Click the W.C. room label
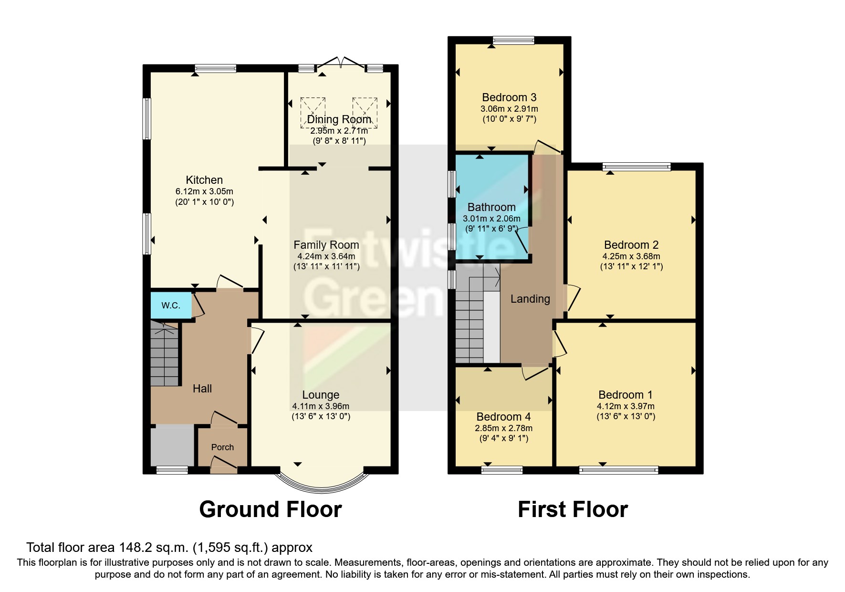170,306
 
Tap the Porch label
222,447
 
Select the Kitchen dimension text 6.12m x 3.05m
204,191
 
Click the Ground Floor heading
270,509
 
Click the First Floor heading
573,509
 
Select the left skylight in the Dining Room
313,112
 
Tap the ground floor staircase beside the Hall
165,353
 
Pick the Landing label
530,299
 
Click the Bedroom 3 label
509,97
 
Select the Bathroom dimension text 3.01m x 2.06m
491,219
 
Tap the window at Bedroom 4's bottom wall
502,470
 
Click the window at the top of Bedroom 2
636,167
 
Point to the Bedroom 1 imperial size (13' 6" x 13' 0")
626,416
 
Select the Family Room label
326,245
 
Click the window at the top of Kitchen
215,68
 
